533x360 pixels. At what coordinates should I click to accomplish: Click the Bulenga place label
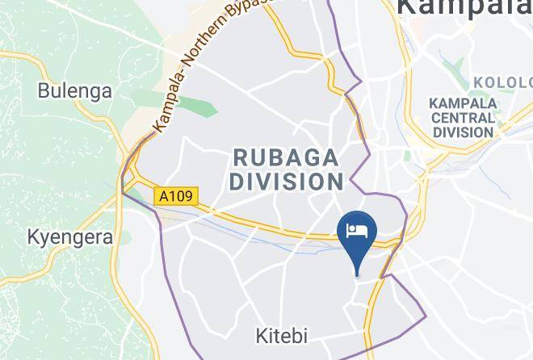pyautogui.click(x=74, y=90)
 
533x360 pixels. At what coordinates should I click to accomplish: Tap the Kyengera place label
pyautogui.click(x=68, y=237)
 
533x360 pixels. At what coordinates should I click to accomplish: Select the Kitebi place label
pyautogui.click(x=282, y=335)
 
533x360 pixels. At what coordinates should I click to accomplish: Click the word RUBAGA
pyautogui.click(x=285, y=156)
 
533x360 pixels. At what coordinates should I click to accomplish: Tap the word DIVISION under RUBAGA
pyautogui.click(x=285, y=182)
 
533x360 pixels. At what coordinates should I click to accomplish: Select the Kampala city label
pyautogui.click(x=464, y=8)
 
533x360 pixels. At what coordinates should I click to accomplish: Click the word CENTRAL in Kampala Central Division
pyautogui.click(x=462, y=118)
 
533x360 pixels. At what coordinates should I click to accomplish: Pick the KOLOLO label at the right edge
pyautogui.click(x=502, y=82)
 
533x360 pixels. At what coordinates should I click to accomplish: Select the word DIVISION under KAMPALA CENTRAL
pyautogui.click(x=462, y=132)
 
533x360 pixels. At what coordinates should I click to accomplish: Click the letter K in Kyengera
pyautogui.click(x=33, y=237)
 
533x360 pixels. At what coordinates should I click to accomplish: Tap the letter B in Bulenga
pyautogui.click(x=44, y=90)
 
